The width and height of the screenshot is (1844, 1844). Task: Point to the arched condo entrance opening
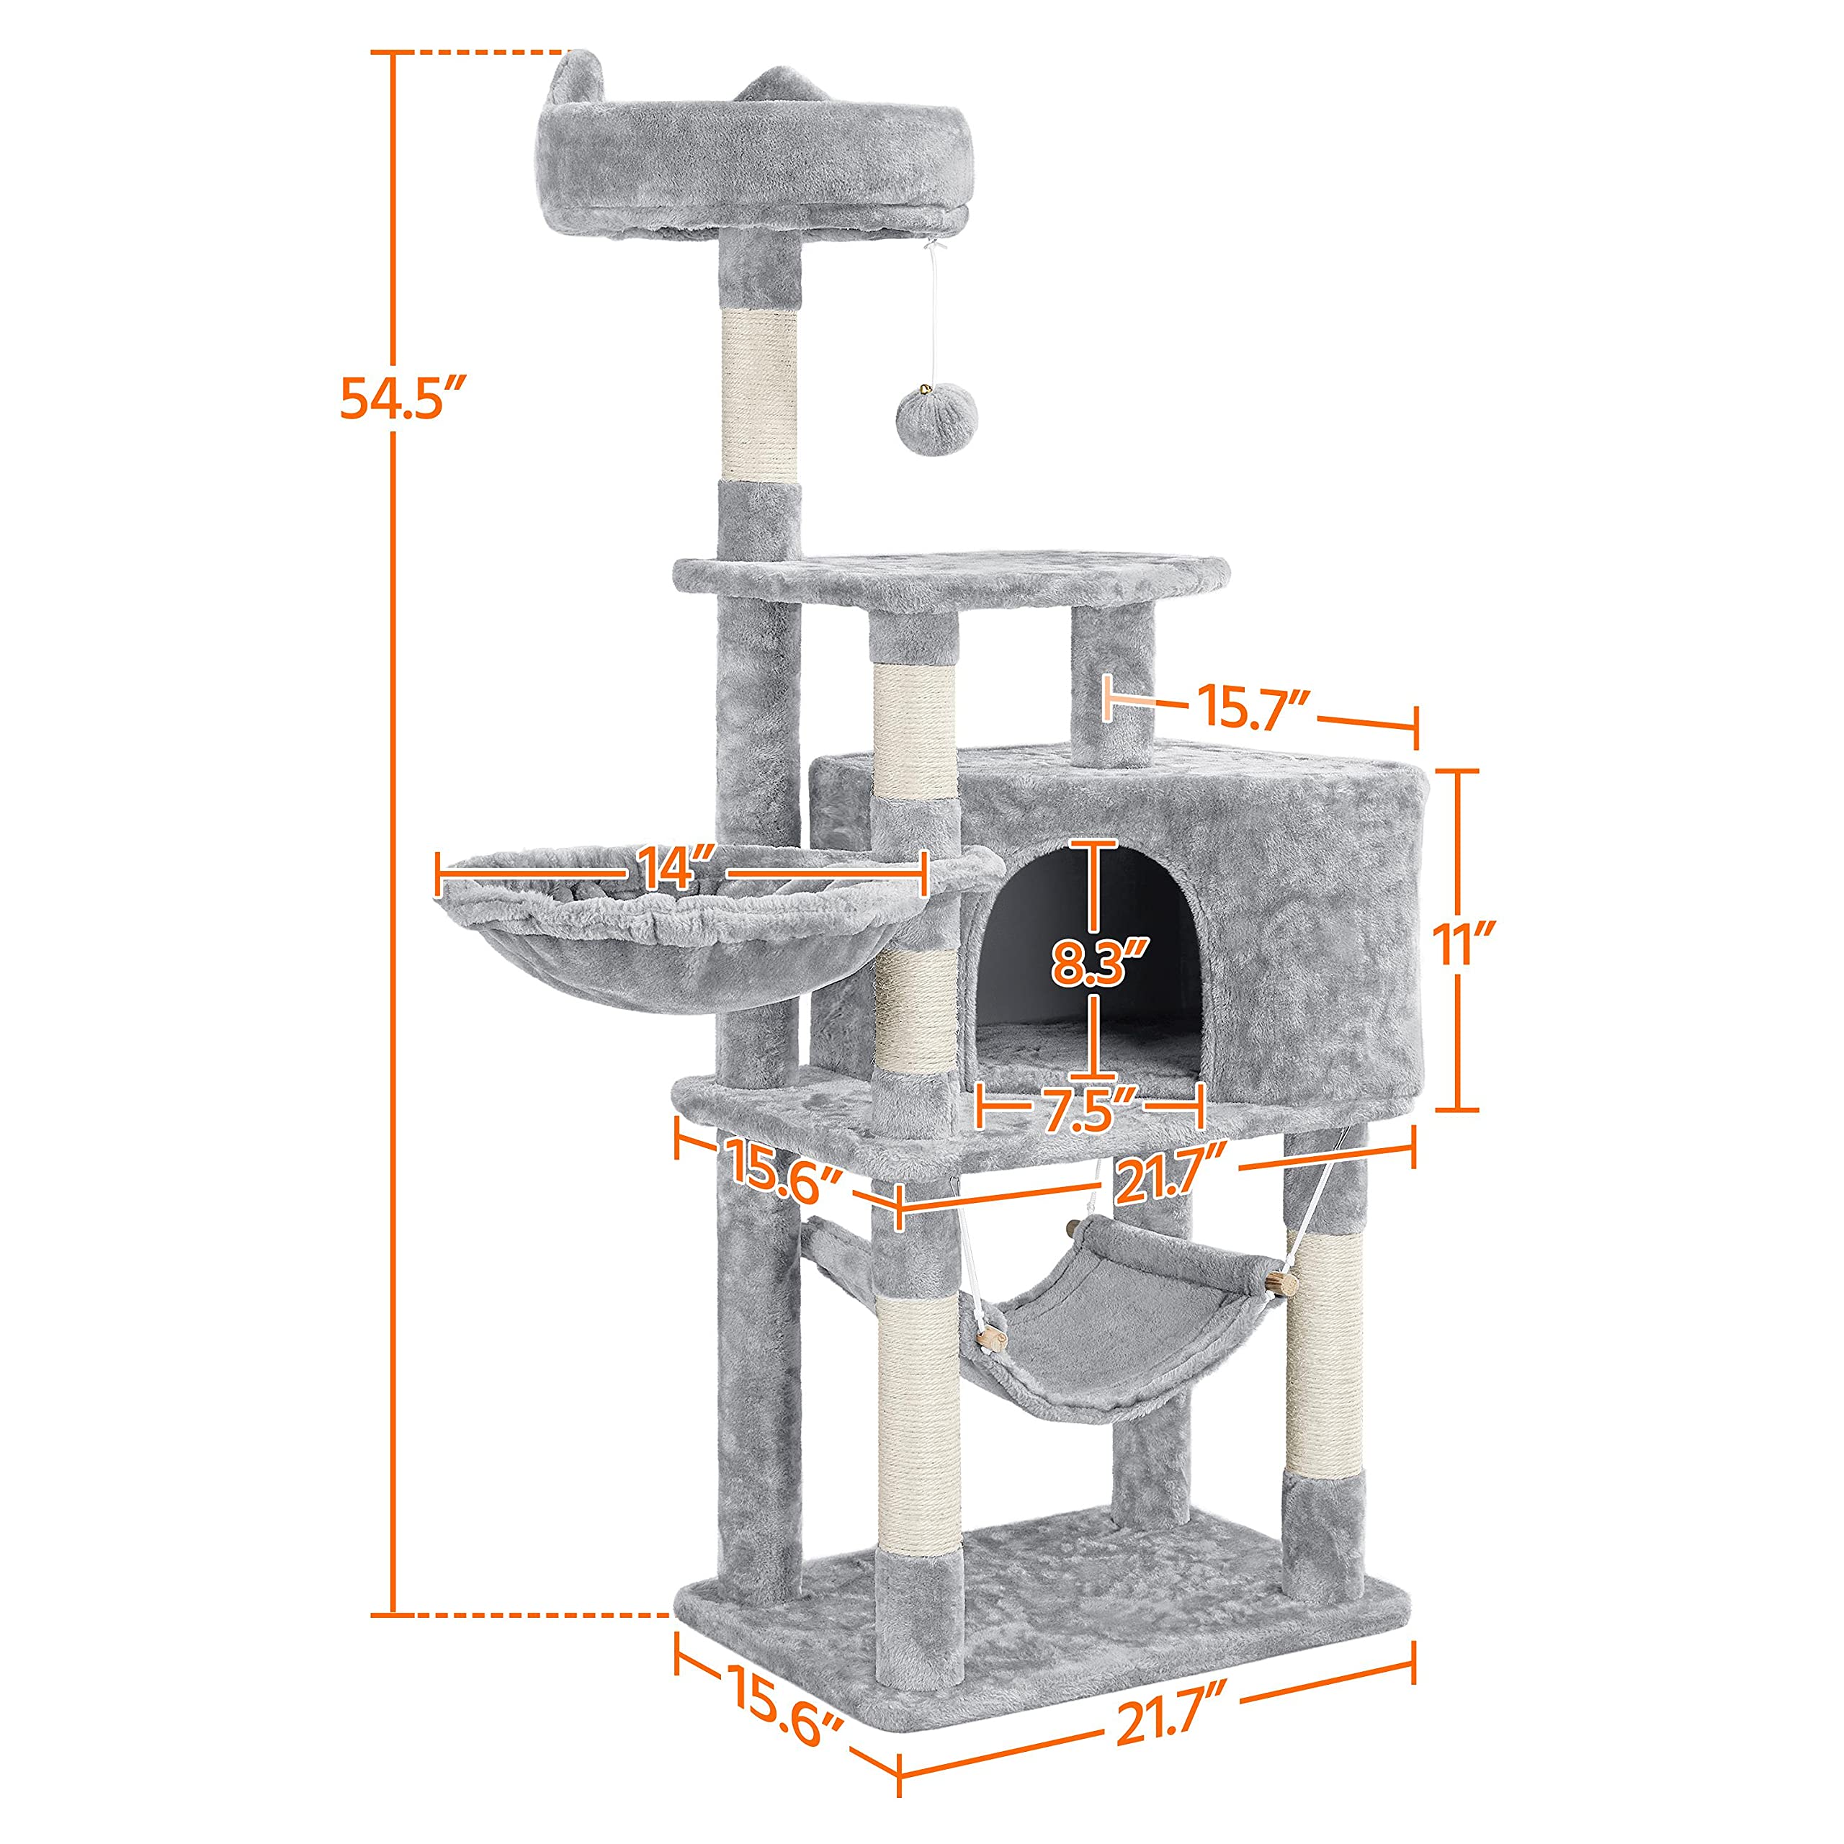[x=1088, y=954]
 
